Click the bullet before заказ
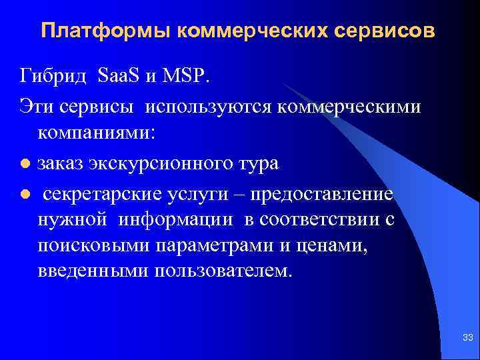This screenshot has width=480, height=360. tap(25, 164)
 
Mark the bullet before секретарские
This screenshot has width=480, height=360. tap(25, 194)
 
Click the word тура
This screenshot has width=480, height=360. tap(257, 164)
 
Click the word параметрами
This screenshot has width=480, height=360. tap(214, 245)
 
